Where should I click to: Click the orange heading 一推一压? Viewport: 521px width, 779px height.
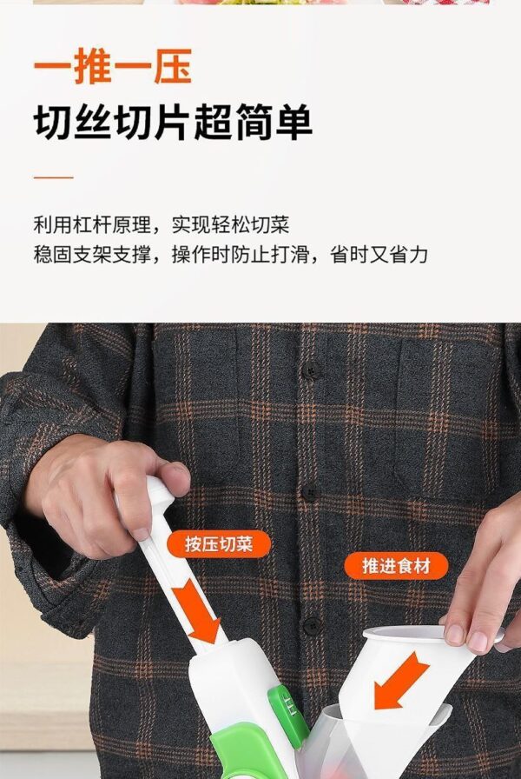pos(113,66)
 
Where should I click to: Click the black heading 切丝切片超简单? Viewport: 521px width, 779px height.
pos(173,122)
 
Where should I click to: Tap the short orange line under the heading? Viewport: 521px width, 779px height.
pos(54,176)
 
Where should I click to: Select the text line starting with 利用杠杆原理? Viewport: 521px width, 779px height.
pos(162,225)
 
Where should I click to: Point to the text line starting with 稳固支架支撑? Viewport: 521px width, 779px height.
pos(231,255)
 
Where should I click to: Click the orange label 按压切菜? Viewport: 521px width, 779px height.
pos(219,544)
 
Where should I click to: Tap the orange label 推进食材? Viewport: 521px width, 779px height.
pos(396,565)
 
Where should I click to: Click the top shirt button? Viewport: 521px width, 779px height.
pos(311,370)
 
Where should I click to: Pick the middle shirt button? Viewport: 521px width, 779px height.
pos(310,492)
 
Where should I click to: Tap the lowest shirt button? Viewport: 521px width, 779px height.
pos(312,625)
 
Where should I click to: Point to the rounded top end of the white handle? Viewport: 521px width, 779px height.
pos(159,489)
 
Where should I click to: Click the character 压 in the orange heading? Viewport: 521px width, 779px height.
pos(173,66)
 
